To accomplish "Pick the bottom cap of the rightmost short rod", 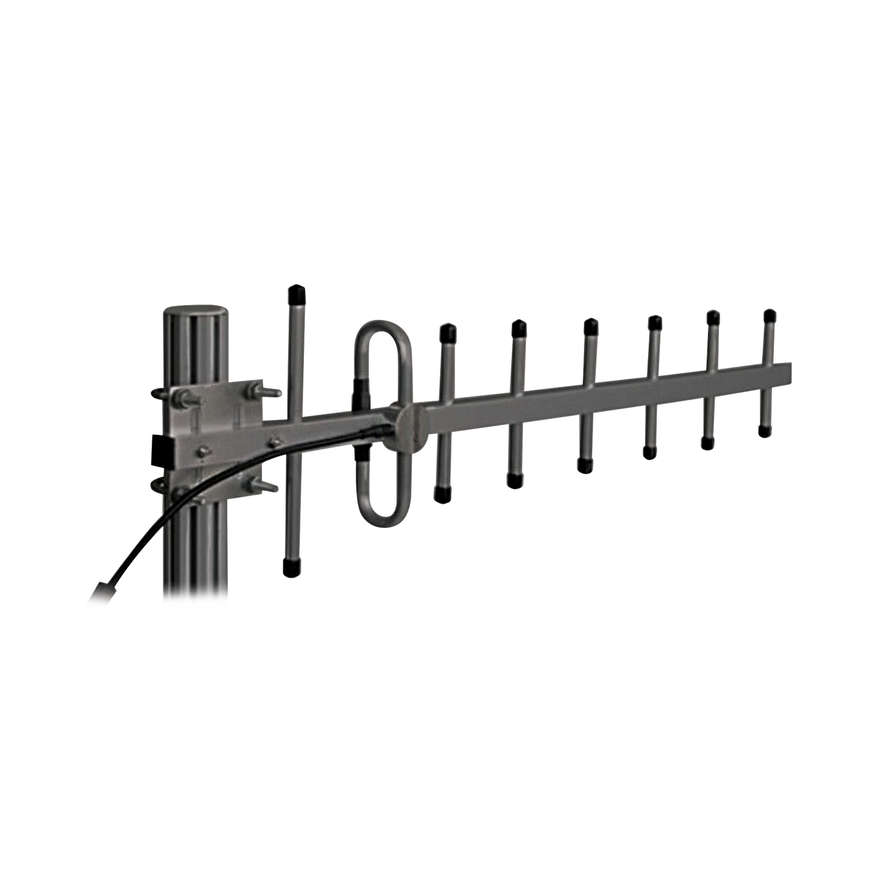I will point(765,430).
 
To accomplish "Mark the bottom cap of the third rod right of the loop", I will point(583,466).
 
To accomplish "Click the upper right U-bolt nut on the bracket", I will point(253,391).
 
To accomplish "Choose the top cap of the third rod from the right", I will point(654,321).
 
